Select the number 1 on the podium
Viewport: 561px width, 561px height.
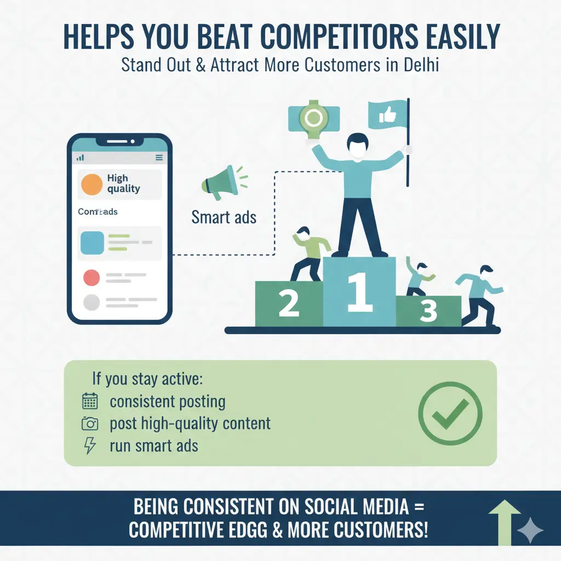click(x=359, y=292)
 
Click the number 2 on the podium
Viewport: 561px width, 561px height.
click(x=289, y=303)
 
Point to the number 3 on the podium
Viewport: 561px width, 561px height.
click(x=428, y=311)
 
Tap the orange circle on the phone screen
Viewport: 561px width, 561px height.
click(x=91, y=184)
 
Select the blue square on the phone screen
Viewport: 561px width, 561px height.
click(x=92, y=243)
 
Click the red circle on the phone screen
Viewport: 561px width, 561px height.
click(x=91, y=278)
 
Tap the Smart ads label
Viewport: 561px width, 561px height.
click(x=224, y=217)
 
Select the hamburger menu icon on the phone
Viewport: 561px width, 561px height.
click(x=159, y=158)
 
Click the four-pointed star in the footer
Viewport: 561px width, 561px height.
click(x=530, y=530)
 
